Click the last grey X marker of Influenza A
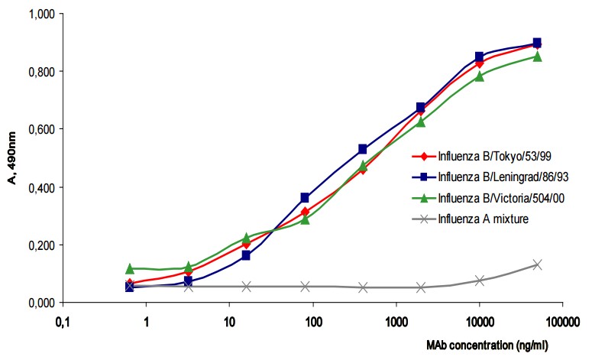pyautogui.click(x=538, y=264)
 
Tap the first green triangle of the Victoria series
pyautogui.click(x=130, y=268)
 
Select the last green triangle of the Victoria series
pyautogui.click(x=538, y=56)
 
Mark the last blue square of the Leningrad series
pyautogui.click(x=538, y=43)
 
